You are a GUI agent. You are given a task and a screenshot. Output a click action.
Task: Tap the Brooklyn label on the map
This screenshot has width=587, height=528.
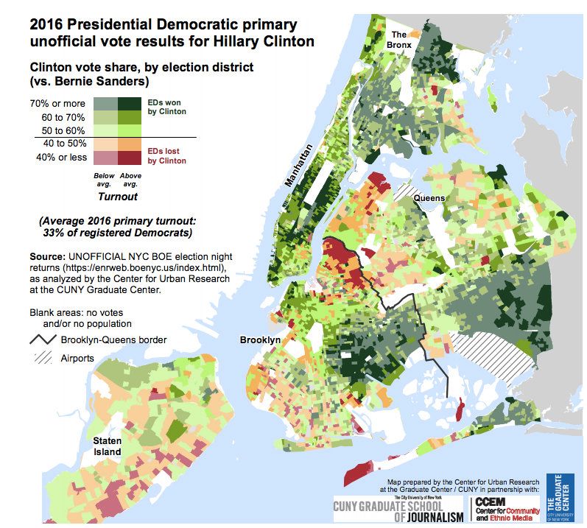click(260, 339)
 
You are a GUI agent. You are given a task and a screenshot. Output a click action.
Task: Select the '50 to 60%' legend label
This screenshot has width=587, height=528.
click(64, 130)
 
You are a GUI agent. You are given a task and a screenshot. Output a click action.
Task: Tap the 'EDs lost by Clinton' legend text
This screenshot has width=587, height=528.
click(167, 155)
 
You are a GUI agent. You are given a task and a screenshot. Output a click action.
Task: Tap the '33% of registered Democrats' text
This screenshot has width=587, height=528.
click(119, 233)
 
